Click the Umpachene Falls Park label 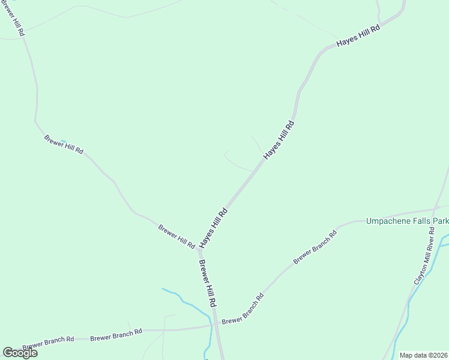click(407, 221)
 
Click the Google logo click(20, 353)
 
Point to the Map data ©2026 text click(423, 355)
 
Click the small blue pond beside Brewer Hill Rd click(62, 142)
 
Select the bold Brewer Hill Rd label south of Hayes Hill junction click(207, 284)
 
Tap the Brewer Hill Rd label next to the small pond click(64, 145)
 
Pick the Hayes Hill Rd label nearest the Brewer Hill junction click(214, 227)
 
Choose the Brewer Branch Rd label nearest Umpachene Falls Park click(315, 247)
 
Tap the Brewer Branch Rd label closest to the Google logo click(48, 343)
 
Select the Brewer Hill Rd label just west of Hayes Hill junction click(176, 236)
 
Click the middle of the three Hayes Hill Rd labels click(279, 140)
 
